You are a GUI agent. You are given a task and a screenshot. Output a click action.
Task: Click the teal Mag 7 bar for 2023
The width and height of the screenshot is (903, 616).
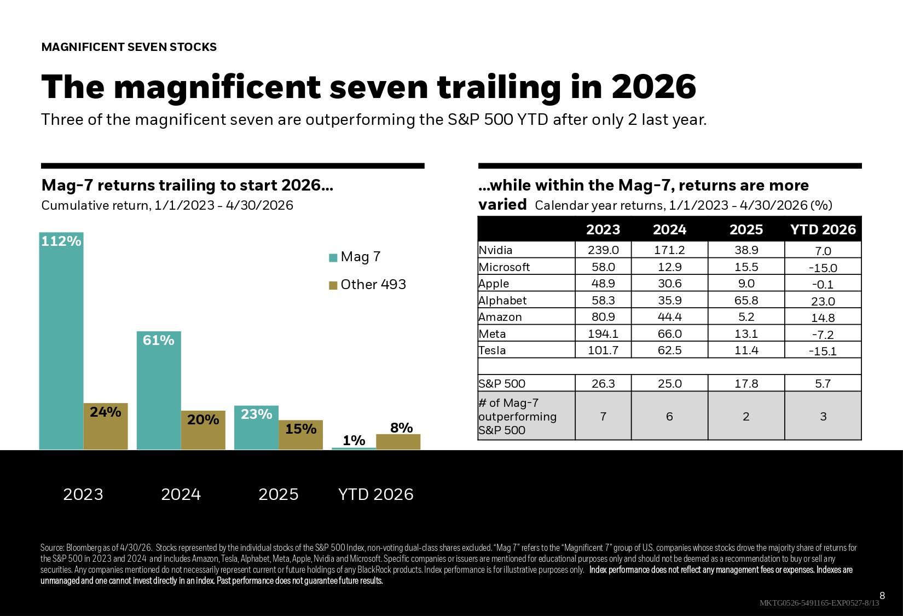pyautogui.click(x=61, y=341)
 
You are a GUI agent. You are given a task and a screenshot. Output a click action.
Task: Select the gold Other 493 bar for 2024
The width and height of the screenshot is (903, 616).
pyautogui.click(x=203, y=430)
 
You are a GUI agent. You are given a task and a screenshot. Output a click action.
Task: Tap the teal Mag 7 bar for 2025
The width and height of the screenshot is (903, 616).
pyautogui.click(x=256, y=428)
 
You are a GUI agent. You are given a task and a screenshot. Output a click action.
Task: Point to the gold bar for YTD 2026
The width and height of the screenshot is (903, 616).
pyautogui.click(x=398, y=442)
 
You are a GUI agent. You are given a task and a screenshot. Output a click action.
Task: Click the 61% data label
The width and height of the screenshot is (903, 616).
pyautogui.click(x=158, y=341)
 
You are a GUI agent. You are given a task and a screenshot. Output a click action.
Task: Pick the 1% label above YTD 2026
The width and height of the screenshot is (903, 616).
pyautogui.click(x=354, y=440)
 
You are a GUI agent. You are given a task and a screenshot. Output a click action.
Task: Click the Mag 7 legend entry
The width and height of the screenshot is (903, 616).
pyautogui.click(x=355, y=257)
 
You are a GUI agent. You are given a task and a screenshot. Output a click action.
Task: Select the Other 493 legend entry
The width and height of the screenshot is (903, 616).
pyautogui.click(x=367, y=284)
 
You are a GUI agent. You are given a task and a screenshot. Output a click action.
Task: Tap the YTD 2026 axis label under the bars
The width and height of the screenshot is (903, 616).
pyautogui.click(x=376, y=494)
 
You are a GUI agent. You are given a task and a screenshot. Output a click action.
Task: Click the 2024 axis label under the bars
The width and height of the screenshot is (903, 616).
pyautogui.click(x=181, y=494)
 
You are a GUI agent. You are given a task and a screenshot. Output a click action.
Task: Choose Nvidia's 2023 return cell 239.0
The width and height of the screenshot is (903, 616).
pyautogui.click(x=603, y=250)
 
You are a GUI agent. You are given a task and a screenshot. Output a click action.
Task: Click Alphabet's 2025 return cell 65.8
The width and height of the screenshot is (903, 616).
pyautogui.click(x=746, y=300)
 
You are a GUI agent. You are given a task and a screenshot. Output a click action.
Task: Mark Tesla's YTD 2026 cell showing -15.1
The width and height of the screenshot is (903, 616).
pyautogui.click(x=823, y=351)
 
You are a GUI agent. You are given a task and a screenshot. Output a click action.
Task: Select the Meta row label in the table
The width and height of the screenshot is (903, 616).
pyautogui.click(x=492, y=334)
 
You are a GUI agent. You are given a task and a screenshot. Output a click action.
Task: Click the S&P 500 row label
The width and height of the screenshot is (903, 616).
pyautogui.click(x=502, y=383)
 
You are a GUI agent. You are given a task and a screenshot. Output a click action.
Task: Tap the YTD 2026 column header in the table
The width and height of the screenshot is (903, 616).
pyautogui.click(x=823, y=229)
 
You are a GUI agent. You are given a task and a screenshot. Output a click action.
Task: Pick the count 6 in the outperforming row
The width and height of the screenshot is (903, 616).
pyautogui.click(x=670, y=416)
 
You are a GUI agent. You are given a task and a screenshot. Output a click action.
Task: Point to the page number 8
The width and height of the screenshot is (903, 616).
pyautogui.click(x=882, y=595)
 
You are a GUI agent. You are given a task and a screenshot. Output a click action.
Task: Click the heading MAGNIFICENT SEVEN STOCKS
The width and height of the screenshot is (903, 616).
pyautogui.click(x=129, y=47)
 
